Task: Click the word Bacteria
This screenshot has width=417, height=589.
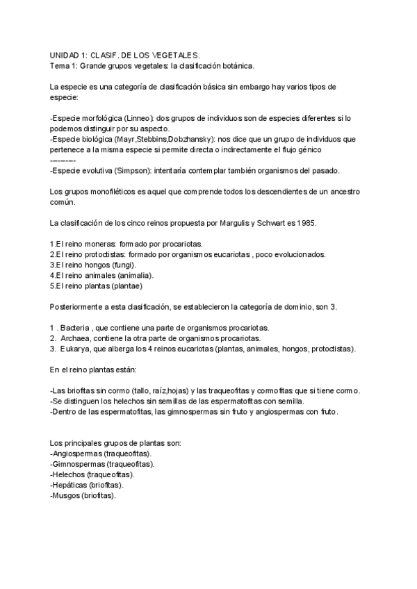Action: (x=76, y=327)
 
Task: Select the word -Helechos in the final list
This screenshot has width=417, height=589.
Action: (x=67, y=474)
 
